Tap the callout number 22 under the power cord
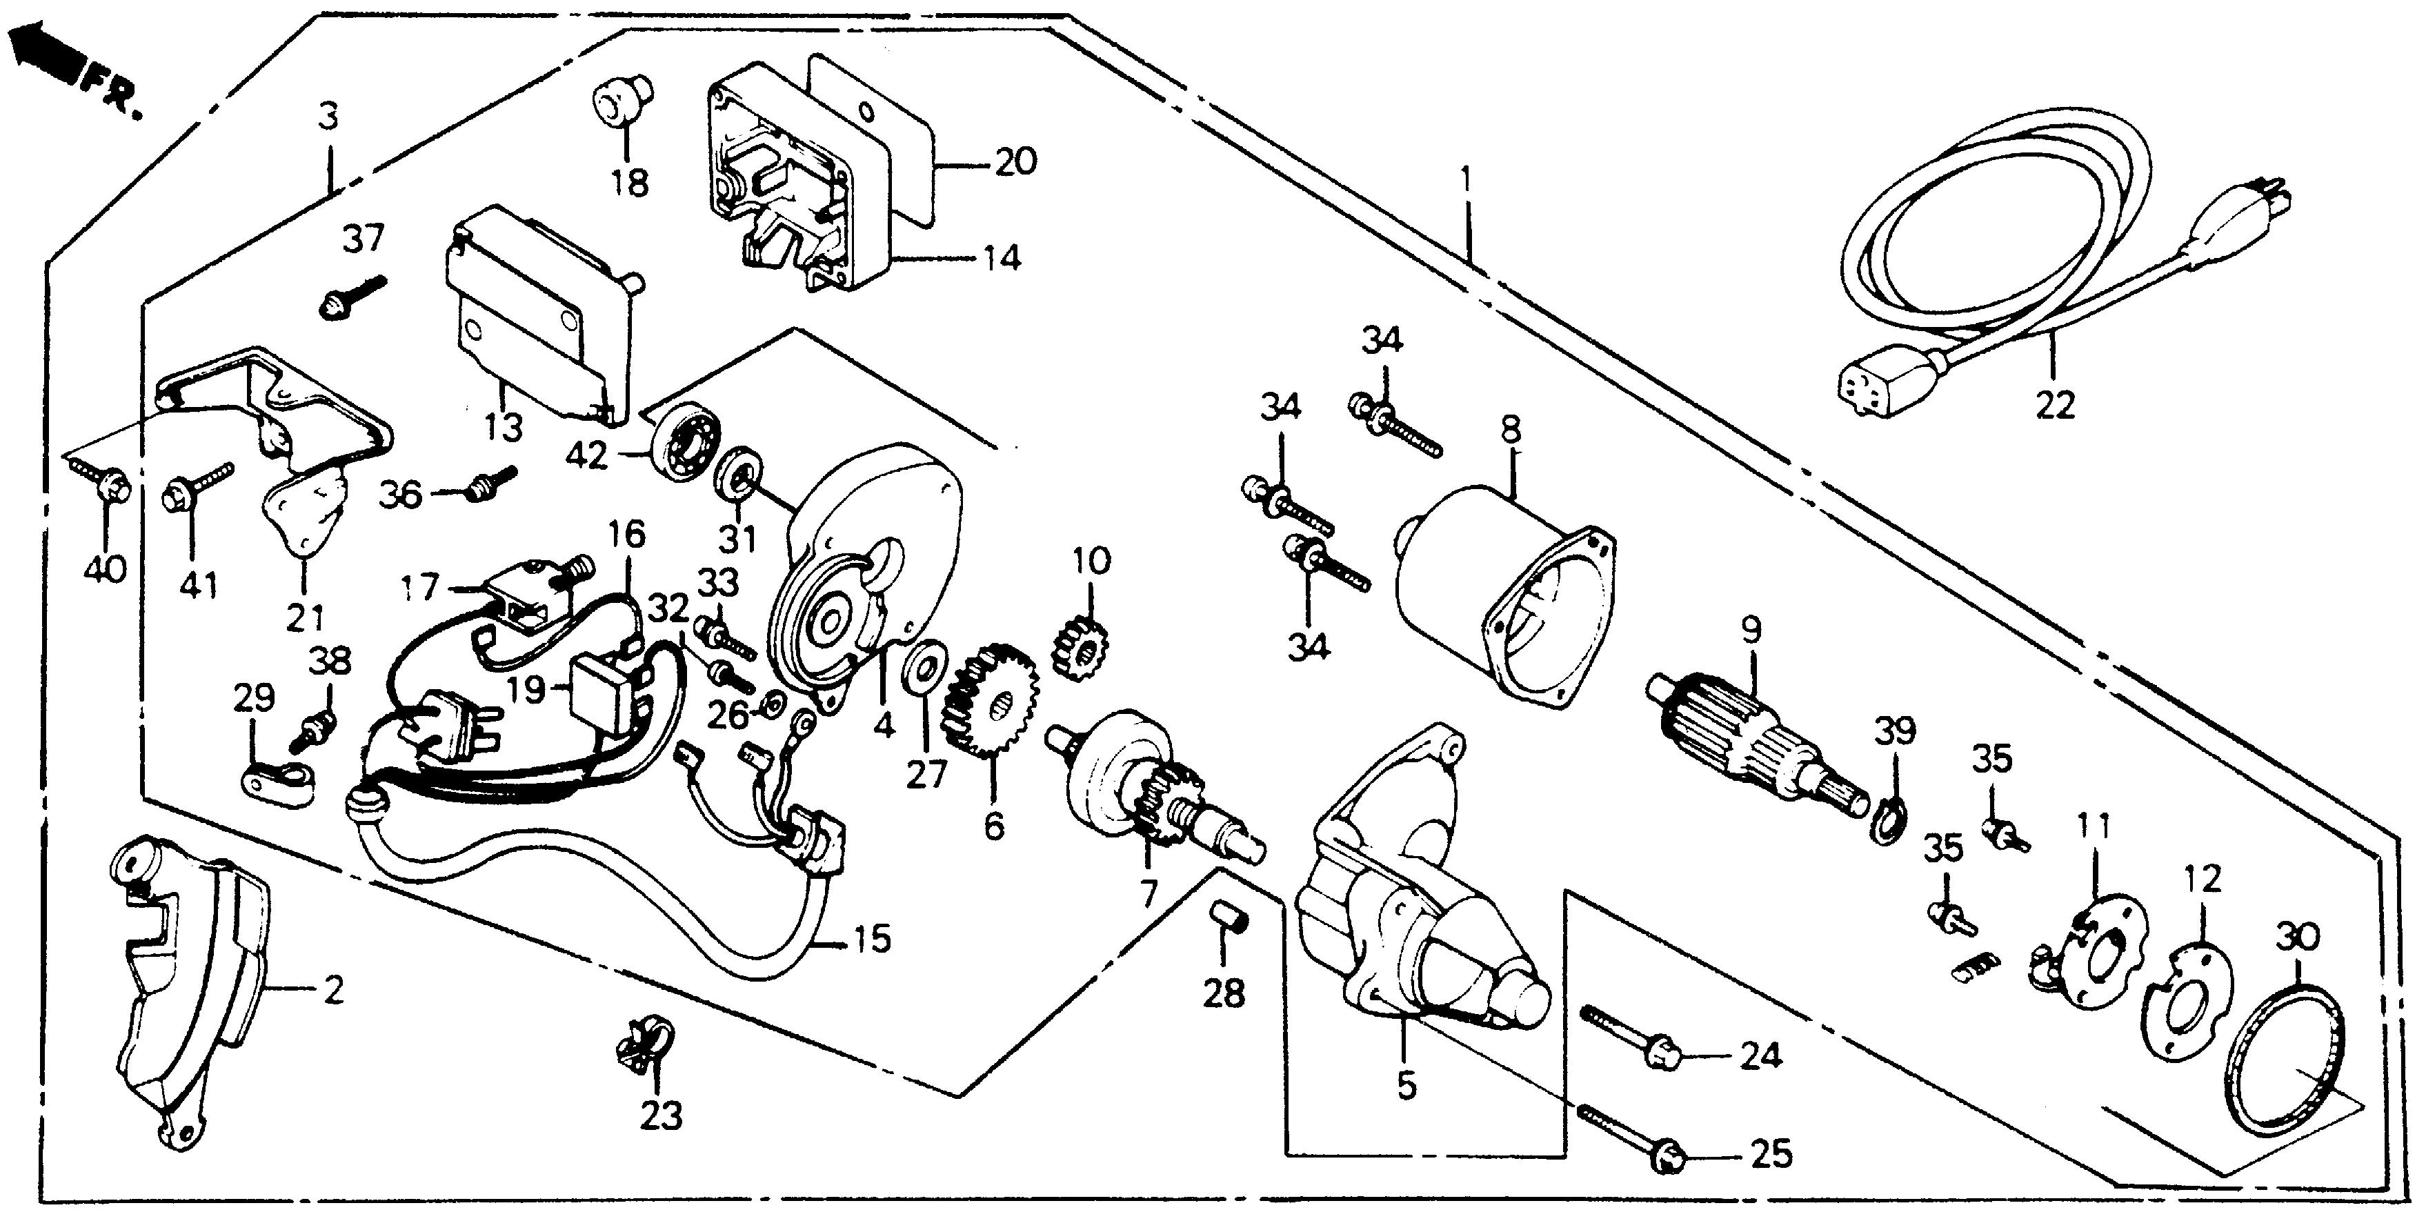pyautogui.click(x=2054, y=406)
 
